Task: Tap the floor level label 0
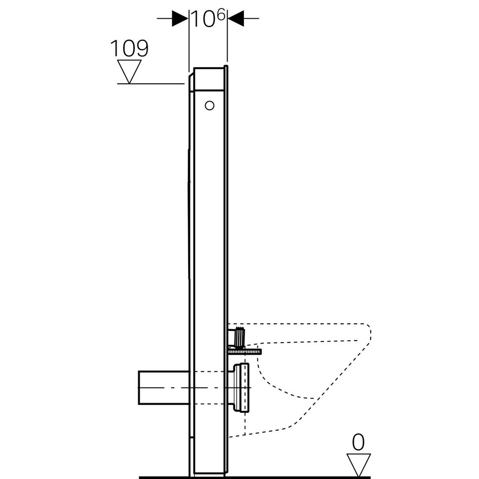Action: click(358, 443)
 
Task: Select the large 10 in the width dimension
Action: click(201, 19)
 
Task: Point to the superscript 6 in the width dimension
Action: click(220, 14)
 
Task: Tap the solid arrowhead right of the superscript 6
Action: click(235, 19)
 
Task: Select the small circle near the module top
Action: click(209, 105)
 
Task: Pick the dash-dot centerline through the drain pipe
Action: click(201, 387)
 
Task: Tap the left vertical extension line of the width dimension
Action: click(189, 43)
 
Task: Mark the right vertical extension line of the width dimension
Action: click(227, 43)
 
